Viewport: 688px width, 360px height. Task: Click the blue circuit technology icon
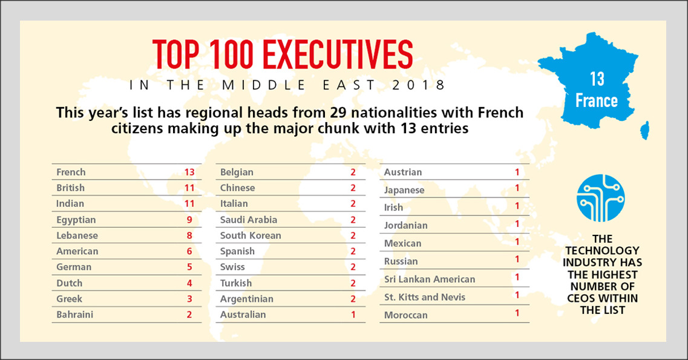pyautogui.click(x=600, y=198)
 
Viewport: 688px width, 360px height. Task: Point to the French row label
pyautogui.click(x=71, y=172)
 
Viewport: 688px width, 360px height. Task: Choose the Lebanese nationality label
pyautogui.click(x=77, y=235)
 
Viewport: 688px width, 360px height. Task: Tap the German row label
pyautogui.click(x=74, y=267)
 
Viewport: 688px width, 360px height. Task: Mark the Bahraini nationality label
pyautogui.click(x=74, y=315)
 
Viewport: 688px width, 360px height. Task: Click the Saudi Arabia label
pyautogui.click(x=248, y=220)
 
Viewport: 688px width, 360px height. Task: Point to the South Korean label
pyautogui.click(x=251, y=235)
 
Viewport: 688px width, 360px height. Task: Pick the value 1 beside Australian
pyautogui.click(x=353, y=315)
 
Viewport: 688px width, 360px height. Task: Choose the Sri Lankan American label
pyautogui.click(x=430, y=279)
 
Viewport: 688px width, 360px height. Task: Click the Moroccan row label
pyautogui.click(x=406, y=315)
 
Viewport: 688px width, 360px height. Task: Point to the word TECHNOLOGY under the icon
pyautogui.click(x=602, y=250)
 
